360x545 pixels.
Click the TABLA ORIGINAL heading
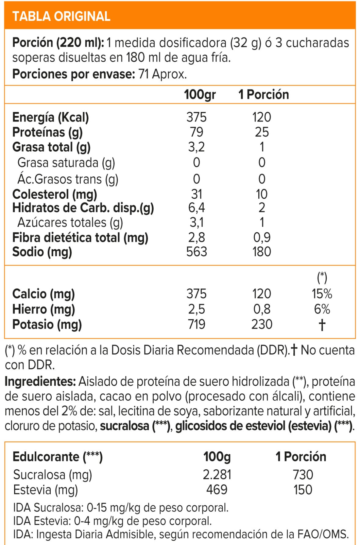pos(61,16)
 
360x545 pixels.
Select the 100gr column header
pos(200,95)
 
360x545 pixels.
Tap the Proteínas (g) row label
pos(47,132)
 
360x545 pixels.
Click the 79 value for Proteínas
pos(196,132)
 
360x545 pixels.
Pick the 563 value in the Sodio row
pos(197,252)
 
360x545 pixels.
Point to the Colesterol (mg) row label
pos(55,194)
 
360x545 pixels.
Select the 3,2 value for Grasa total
pos(196,147)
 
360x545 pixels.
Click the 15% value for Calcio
pos(322,294)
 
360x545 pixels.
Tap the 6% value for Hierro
pos(322,309)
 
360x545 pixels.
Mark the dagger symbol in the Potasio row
pos(322,325)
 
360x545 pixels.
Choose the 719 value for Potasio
pos(197,324)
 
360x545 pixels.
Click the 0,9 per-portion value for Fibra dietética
pos(262,237)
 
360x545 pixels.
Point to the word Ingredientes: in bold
pos(40,381)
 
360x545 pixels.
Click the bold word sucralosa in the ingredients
pos(125,426)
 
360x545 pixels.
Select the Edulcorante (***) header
pos(58,457)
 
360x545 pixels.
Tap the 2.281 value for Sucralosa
pos(217,475)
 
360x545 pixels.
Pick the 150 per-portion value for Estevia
pos(303,490)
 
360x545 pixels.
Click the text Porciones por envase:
pos(74,74)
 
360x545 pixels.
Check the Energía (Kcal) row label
pos(50,117)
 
